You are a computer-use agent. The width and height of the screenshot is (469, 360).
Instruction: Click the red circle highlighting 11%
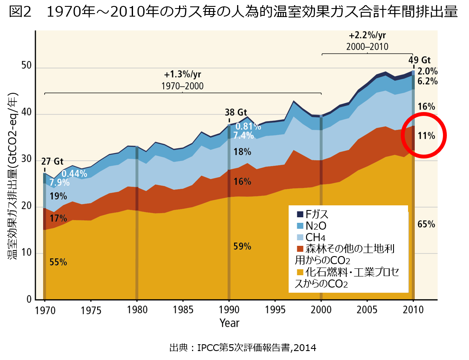pos(424,135)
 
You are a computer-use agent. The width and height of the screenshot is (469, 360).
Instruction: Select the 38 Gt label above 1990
pos(236,113)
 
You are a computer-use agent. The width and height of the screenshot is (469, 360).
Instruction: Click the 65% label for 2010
pos(426,224)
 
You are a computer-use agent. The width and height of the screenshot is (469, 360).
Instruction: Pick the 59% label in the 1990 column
pos(242,246)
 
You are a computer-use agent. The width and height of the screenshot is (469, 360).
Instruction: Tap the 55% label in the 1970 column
pos(58,262)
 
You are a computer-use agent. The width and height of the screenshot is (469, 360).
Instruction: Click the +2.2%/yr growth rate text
pos(367,36)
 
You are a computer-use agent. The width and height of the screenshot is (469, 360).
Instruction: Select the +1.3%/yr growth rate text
pos(182,75)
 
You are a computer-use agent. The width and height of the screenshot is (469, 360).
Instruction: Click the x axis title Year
pos(229,323)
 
